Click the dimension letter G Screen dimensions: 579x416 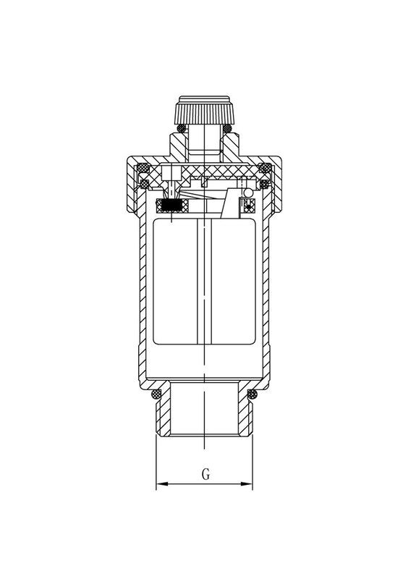(x=205, y=475)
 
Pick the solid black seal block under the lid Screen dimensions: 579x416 (x=172, y=206)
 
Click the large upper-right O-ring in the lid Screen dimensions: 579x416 (x=266, y=169)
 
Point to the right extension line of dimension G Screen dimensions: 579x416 (x=252, y=463)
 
